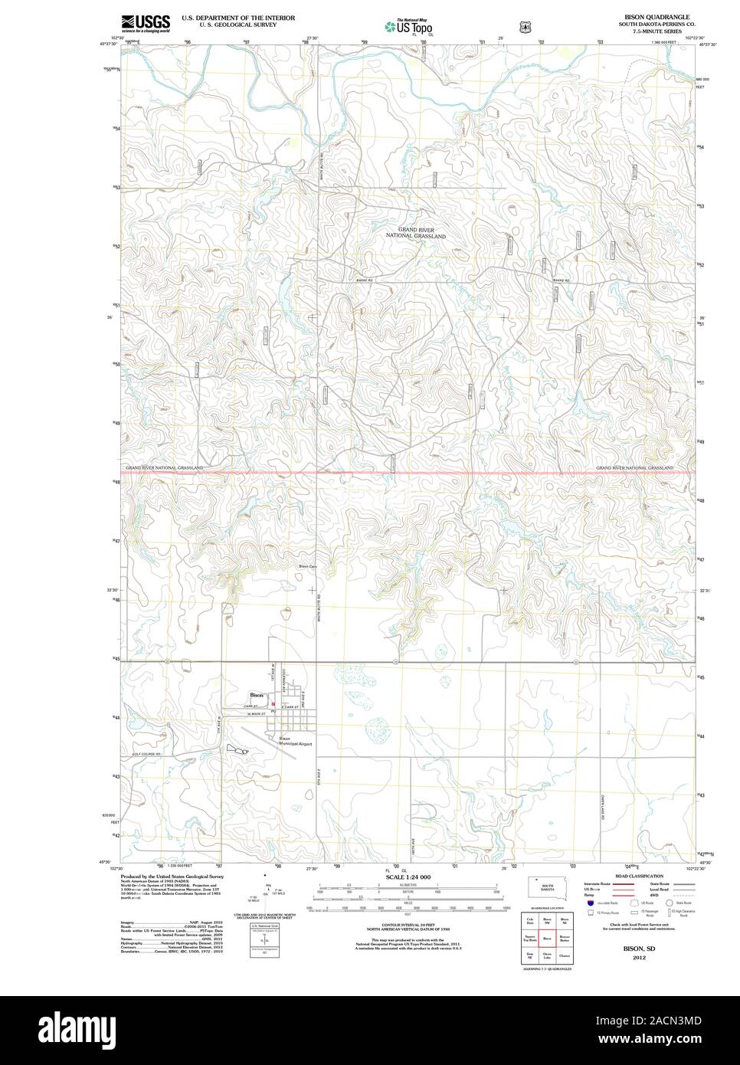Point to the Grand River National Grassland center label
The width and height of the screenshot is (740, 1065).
click(x=415, y=233)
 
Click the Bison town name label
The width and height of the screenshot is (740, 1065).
click(x=257, y=695)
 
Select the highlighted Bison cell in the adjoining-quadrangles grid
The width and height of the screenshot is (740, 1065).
click(x=547, y=937)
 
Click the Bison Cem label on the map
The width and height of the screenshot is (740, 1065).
click(x=307, y=566)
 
